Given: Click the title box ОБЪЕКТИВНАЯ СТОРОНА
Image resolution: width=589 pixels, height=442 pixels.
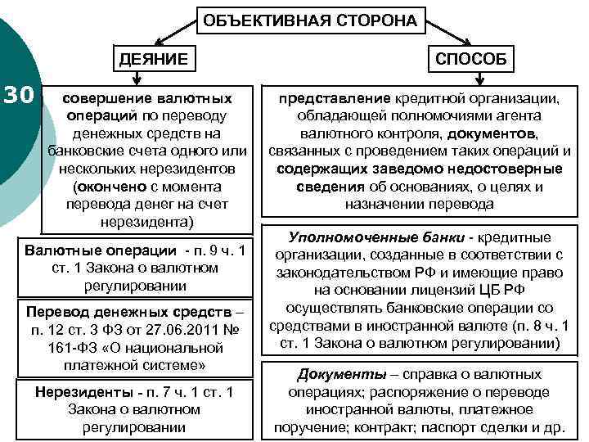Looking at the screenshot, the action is pyautogui.click(x=310, y=20).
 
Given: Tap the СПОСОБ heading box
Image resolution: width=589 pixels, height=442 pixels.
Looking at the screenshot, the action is pyautogui.click(x=470, y=59).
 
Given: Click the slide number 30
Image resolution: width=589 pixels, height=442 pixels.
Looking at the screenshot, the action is pyautogui.click(x=17, y=96).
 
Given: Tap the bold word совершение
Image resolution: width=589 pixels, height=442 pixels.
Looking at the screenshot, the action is pyautogui.click(x=105, y=98).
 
